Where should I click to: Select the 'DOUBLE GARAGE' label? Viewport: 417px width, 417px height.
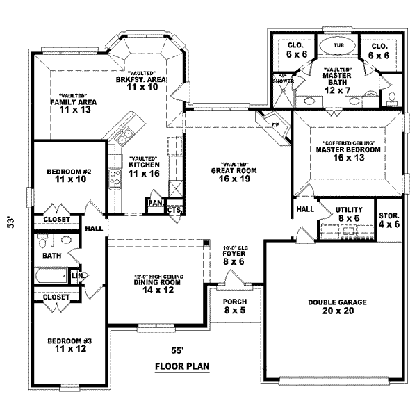click(337, 302)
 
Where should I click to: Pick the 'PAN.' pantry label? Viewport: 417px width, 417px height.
click(154, 203)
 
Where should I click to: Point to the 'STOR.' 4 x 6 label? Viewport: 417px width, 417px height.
click(389, 215)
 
